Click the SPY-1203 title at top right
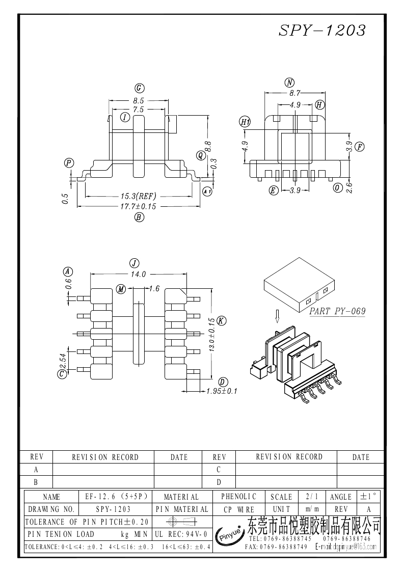[322, 30]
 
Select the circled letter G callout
[138, 88]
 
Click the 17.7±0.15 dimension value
[138, 206]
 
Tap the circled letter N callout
[290, 83]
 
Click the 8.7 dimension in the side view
[294, 93]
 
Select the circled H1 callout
[246, 122]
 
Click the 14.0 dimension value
[139, 274]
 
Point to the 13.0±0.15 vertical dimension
[210, 335]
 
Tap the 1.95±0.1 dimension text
[222, 391]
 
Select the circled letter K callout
[221, 320]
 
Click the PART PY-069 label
[337, 311]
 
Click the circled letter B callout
[138, 217]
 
